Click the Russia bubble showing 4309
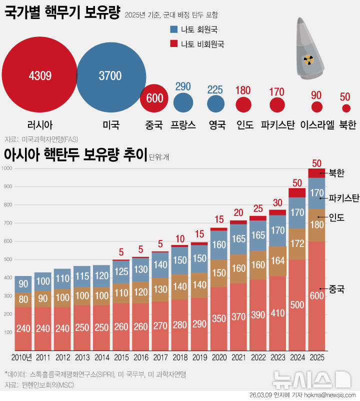point(39,76)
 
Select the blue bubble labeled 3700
point(110,76)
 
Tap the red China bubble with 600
point(154,98)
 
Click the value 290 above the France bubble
point(183,86)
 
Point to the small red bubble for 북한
point(346,108)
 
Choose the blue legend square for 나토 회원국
point(174,29)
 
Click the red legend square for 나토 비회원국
point(174,44)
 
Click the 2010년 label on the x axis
point(22,357)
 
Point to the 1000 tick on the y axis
point(6,168)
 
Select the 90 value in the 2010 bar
point(23,283)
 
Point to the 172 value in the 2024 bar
point(297,244)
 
